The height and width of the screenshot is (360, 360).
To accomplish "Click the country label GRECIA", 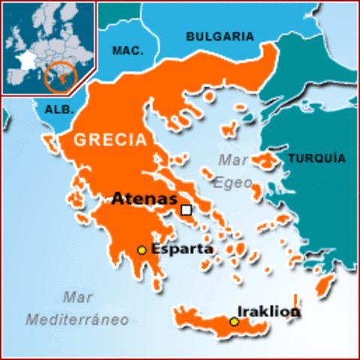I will point(109,139).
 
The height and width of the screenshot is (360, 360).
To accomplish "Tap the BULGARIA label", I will point(220,36).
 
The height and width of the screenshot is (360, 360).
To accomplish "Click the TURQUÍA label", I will point(316,158).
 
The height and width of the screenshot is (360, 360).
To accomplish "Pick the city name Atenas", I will point(144,199).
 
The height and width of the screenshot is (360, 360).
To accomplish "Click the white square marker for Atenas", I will point(186,210).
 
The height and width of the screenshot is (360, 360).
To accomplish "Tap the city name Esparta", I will point(182,249).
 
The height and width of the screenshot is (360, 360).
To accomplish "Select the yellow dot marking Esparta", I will point(141,250).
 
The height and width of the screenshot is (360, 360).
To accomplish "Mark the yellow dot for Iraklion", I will point(234,322).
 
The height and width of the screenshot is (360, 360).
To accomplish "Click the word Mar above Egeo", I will point(233,160).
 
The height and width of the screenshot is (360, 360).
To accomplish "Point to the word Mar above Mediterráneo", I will point(78,296).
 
